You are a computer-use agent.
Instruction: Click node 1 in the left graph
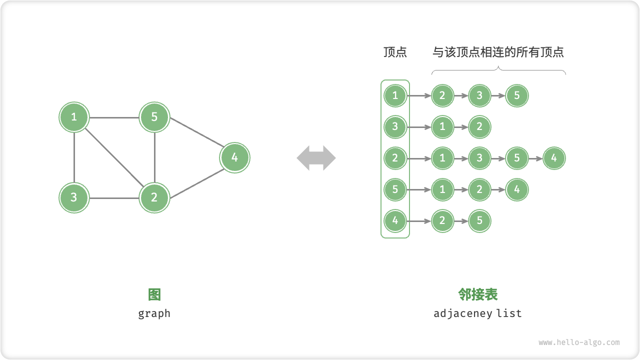click(x=74, y=117)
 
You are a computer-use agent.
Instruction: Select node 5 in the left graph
click(x=154, y=117)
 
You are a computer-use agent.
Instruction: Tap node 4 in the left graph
click(x=234, y=158)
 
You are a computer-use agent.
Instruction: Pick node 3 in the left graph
click(x=74, y=197)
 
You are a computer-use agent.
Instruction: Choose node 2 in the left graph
click(x=154, y=197)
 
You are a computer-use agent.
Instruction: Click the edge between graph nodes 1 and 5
click(x=114, y=118)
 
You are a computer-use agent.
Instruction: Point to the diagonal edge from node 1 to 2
click(x=114, y=157)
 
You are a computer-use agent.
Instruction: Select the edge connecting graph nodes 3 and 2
click(x=114, y=198)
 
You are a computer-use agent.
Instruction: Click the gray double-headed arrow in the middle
click(x=316, y=158)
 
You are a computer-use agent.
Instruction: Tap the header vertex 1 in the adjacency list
click(x=395, y=95)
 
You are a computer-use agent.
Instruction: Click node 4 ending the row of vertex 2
click(x=554, y=158)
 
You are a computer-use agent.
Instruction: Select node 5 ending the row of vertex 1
click(x=517, y=95)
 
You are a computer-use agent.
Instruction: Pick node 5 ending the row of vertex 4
click(x=479, y=220)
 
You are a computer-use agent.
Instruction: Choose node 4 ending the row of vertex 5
click(x=517, y=189)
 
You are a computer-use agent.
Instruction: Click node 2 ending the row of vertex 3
click(x=479, y=127)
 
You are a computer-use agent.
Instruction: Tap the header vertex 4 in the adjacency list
click(x=395, y=220)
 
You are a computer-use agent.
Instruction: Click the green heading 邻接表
click(x=478, y=294)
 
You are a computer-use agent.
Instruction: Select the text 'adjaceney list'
click(x=477, y=313)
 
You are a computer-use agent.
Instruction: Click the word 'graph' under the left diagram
click(x=154, y=313)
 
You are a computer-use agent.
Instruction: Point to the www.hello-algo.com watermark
click(x=579, y=342)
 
